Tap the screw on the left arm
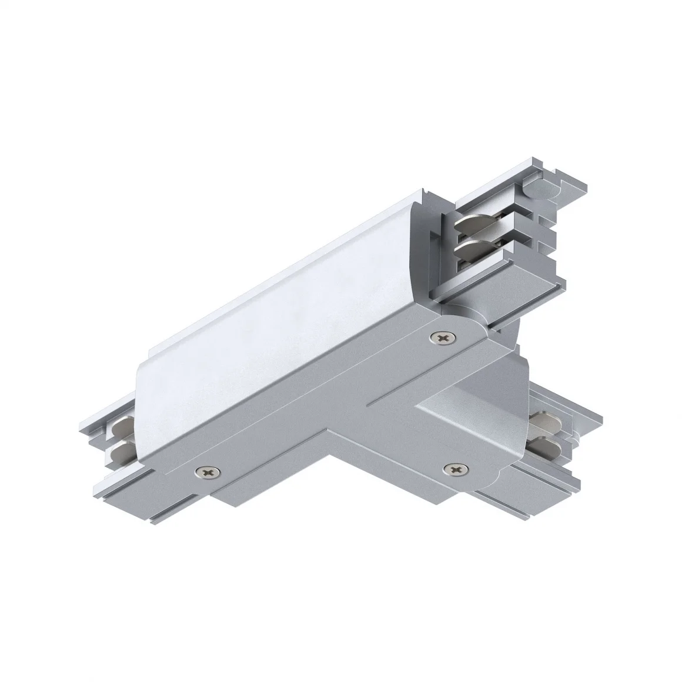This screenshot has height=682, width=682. point(209,471)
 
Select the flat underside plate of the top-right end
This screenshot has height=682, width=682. point(517,294)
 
